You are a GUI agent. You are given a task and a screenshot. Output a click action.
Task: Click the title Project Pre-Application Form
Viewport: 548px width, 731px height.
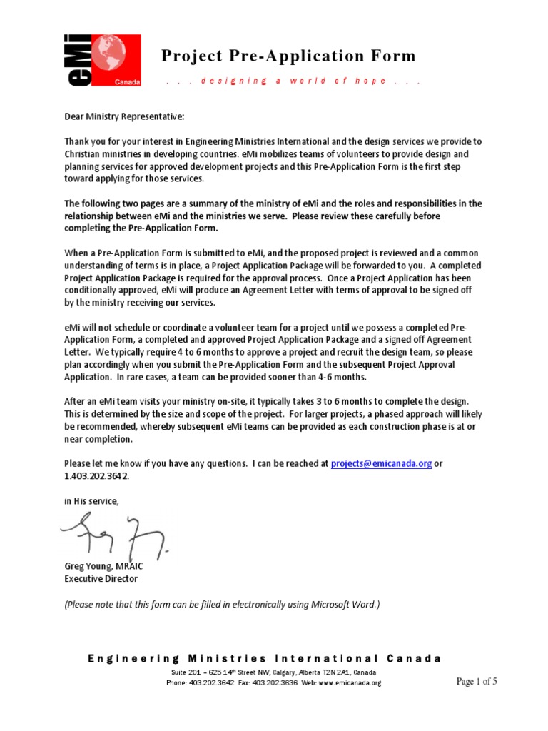click(x=288, y=56)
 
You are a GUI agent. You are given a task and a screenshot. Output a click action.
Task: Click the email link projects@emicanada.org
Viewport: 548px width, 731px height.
click(x=381, y=463)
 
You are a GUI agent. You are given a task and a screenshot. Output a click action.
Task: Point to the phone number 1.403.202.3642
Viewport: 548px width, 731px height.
click(x=97, y=475)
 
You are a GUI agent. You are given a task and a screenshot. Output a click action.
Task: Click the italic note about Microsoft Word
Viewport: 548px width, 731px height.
click(x=222, y=604)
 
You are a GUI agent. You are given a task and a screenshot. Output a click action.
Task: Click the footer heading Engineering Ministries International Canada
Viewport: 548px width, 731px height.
click(x=265, y=658)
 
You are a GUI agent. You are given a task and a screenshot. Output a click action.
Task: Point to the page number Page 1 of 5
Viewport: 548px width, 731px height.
click(x=477, y=681)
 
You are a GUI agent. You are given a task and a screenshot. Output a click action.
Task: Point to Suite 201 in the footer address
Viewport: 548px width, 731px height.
click(x=186, y=672)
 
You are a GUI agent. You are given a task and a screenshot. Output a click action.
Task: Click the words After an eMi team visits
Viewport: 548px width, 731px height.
click(x=118, y=402)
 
